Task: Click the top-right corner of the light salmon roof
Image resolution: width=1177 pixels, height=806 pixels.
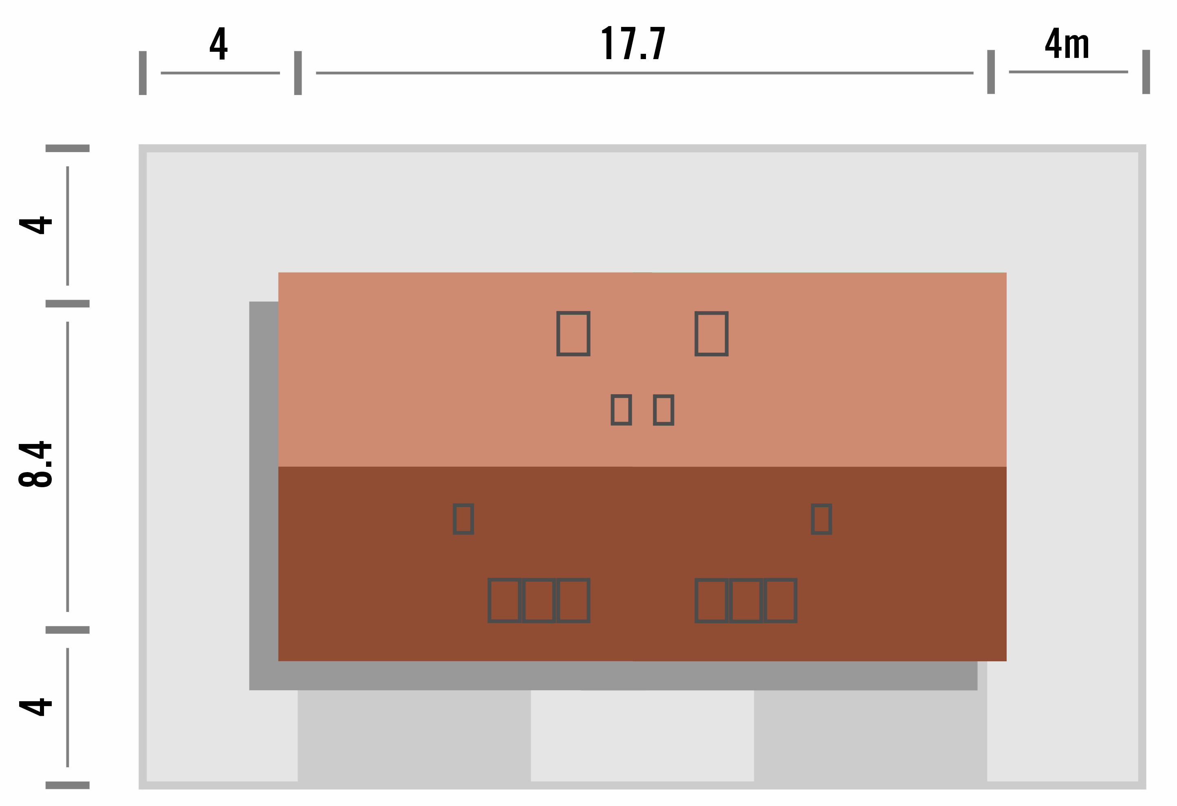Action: pyautogui.click(x=1006, y=273)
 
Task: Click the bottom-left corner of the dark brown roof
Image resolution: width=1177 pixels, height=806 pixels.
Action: pyautogui.click(x=278, y=660)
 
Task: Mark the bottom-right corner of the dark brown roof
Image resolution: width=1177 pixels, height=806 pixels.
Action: pyautogui.click(x=1006, y=660)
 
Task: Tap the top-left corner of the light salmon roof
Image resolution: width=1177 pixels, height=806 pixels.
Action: pyautogui.click(x=278, y=273)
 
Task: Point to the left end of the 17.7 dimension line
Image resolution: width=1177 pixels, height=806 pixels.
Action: pyautogui.click(x=317, y=73)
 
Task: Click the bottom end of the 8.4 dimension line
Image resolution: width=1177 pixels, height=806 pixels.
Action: pyautogui.click(x=67, y=612)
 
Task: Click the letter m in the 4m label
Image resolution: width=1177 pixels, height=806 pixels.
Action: pyautogui.click(x=1077, y=46)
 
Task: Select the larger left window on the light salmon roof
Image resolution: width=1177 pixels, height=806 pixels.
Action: pyautogui.click(x=573, y=333)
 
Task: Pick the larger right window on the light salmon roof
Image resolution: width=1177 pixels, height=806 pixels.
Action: pyautogui.click(x=711, y=333)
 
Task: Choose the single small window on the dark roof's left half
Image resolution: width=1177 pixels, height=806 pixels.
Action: pyautogui.click(x=463, y=519)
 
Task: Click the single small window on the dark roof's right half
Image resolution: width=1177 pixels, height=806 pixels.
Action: pyautogui.click(x=822, y=519)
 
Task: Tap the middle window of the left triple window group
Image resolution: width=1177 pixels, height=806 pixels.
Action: pyautogui.click(x=539, y=600)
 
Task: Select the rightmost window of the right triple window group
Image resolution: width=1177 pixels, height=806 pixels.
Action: pyautogui.click(x=780, y=600)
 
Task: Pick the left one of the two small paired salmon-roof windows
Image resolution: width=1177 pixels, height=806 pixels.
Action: pyautogui.click(x=622, y=409)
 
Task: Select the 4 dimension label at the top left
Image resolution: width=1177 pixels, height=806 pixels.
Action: pyautogui.click(x=218, y=43)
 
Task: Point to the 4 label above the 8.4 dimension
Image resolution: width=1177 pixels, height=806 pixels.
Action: pyautogui.click(x=35, y=225)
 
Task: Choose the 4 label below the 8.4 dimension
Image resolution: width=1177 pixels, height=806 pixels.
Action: pyautogui.click(x=35, y=707)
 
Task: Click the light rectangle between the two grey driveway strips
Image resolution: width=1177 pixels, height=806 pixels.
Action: pyautogui.click(x=642, y=735)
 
